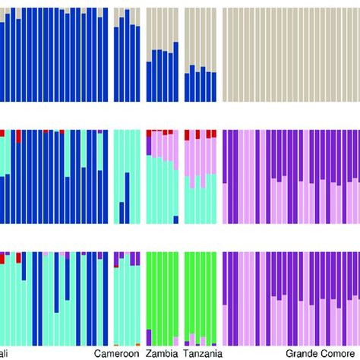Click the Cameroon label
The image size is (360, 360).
click(118, 353)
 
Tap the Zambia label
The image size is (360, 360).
click(163, 353)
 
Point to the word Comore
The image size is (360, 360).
click(340, 353)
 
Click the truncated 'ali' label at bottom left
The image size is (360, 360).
click(5, 353)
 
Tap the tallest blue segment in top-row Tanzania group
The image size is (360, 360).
click(193, 84)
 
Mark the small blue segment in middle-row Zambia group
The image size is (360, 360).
click(175, 220)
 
